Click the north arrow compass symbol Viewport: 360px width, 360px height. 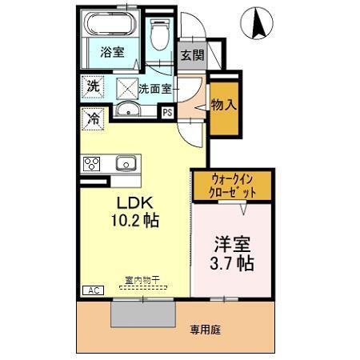[x=261, y=22]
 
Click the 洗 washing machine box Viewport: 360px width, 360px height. [x=93, y=86]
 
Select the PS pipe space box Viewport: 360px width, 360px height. [x=167, y=113]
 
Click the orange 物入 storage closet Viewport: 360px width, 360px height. [x=223, y=105]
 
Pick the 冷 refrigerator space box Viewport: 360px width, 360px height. [x=93, y=117]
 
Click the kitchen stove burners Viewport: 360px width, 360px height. [x=92, y=164]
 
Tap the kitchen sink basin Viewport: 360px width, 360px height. [x=125, y=164]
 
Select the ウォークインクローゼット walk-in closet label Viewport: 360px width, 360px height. [x=234, y=186]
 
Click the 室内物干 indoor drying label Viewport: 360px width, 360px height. [x=142, y=280]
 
